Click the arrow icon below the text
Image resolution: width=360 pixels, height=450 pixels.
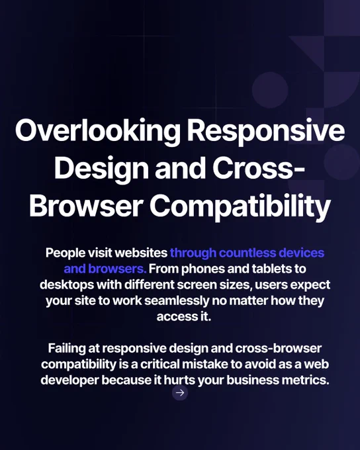coord(180,392)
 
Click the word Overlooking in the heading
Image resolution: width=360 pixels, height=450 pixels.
coord(98,131)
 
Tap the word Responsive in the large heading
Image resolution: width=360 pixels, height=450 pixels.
coord(266,132)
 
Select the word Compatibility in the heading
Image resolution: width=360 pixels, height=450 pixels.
coord(240,206)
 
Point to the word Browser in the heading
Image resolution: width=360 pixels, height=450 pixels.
coord(86,206)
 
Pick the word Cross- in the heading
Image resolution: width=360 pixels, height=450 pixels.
coord(258,168)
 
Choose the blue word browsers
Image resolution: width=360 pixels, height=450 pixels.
coord(117,269)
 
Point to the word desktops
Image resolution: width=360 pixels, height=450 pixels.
coord(67,285)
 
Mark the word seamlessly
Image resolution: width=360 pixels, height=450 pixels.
coord(177,300)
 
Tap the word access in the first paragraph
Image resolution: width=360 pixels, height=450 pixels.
coord(175,317)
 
